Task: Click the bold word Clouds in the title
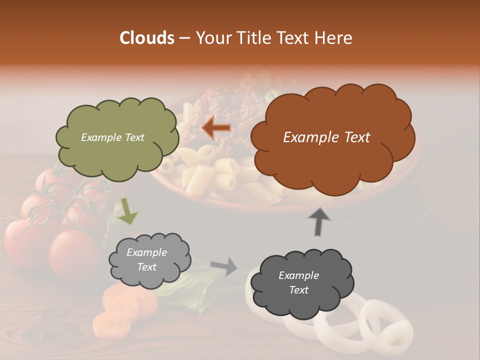coord(147,38)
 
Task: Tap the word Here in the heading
coord(334,38)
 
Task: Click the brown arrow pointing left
coord(216,128)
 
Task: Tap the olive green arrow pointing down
coord(128,211)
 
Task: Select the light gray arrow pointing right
coord(224,266)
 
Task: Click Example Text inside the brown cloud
coord(326,137)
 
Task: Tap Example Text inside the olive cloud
coord(112,137)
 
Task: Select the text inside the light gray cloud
coord(146,259)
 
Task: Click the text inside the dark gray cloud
coord(298,282)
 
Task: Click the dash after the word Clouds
coord(183,38)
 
